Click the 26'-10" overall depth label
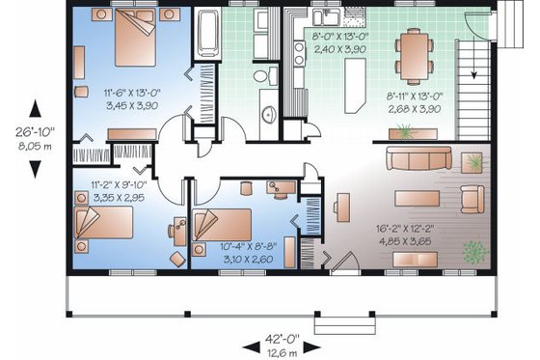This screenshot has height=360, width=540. [x=35, y=132]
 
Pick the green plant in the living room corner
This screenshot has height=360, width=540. [x=473, y=253]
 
